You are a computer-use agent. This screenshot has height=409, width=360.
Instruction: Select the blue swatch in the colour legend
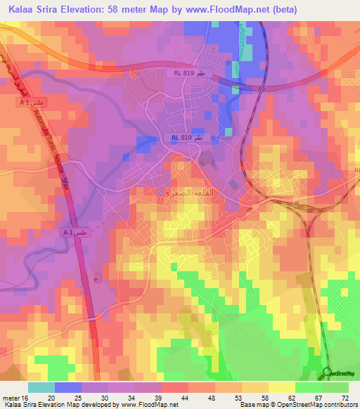pyautogui.click(x=67, y=387)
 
